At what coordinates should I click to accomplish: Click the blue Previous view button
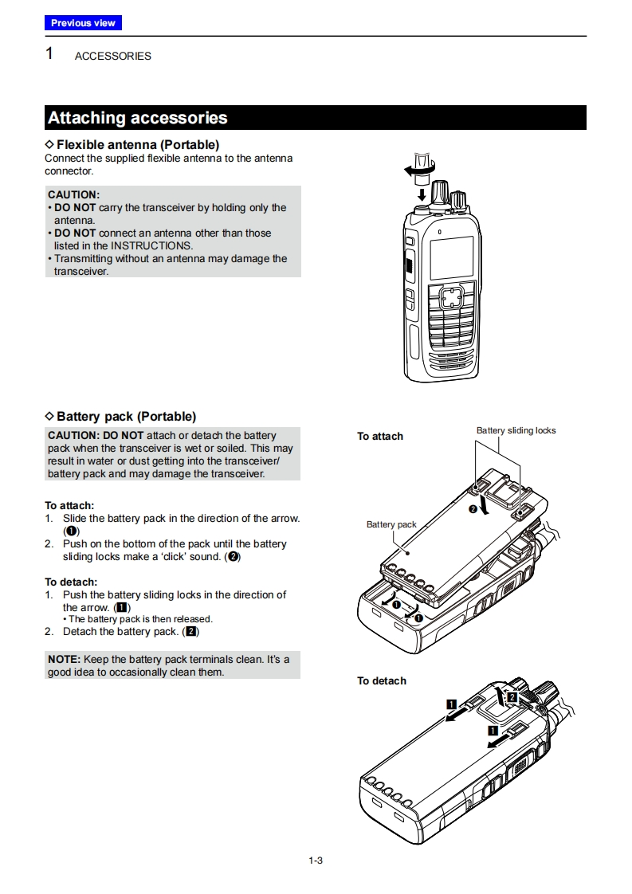pyautogui.click(x=83, y=23)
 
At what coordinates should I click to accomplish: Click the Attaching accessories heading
pyautogui.click(x=138, y=118)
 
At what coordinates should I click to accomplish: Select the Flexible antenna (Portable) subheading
pyautogui.click(x=137, y=145)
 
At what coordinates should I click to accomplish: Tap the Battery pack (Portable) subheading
pyautogui.click(x=126, y=417)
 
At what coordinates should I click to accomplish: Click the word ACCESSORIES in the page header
pyautogui.click(x=112, y=57)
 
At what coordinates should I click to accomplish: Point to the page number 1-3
pyautogui.click(x=316, y=860)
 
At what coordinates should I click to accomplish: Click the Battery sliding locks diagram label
pyautogui.click(x=516, y=431)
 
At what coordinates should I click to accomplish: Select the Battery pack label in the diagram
pyautogui.click(x=391, y=525)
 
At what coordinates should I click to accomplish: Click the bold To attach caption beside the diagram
pyautogui.click(x=380, y=437)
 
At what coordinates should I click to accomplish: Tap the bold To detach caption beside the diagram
pyautogui.click(x=382, y=681)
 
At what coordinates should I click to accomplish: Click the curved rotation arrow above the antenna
pyautogui.click(x=420, y=168)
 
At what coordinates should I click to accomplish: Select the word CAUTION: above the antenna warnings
pyautogui.click(x=73, y=194)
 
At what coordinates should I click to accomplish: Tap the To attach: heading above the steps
pyautogui.click(x=69, y=506)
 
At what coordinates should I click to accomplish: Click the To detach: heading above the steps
pyautogui.click(x=71, y=582)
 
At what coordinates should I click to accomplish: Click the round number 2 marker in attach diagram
pyautogui.click(x=473, y=509)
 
